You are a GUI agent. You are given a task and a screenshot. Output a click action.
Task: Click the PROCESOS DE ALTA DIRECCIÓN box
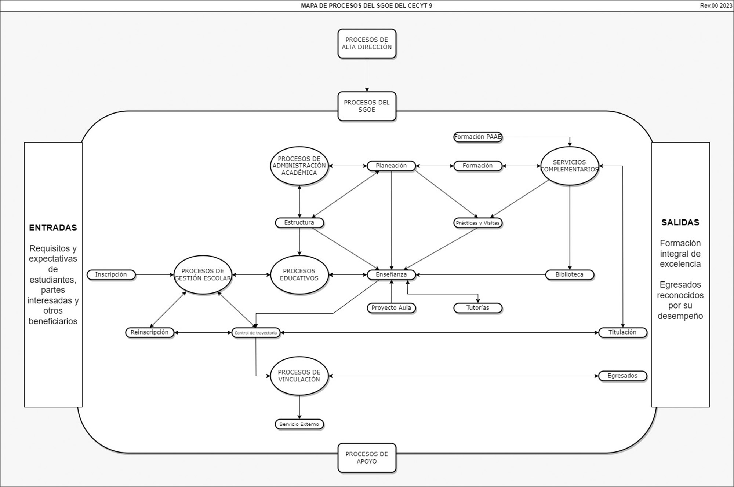(x=367, y=44)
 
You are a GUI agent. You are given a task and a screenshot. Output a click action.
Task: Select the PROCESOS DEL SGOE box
(x=367, y=106)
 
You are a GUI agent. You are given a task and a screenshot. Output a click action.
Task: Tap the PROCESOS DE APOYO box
(x=367, y=458)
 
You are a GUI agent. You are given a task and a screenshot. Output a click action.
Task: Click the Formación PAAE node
(x=477, y=137)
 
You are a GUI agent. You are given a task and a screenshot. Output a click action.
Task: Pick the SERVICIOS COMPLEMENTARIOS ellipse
(x=570, y=166)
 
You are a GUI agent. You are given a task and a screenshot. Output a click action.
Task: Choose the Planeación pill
(x=391, y=166)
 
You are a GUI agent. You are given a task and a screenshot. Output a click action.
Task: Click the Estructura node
(x=299, y=223)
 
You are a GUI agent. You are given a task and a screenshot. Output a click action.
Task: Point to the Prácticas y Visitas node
(x=477, y=223)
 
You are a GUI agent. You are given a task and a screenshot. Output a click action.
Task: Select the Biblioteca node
(x=569, y=274)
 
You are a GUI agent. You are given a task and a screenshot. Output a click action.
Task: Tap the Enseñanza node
(x=391, y=274)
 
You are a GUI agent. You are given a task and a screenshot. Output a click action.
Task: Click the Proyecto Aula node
(x=391, y=308)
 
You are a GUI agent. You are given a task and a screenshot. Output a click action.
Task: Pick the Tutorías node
(x=477, y=308)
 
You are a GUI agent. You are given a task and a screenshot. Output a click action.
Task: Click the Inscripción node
(x=111, y=274)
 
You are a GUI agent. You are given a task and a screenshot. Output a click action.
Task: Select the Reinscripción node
(x=149, y=333)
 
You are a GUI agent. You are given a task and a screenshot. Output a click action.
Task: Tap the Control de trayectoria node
(x=256, y=333)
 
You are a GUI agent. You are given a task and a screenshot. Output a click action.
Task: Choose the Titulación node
(x=622, y=333)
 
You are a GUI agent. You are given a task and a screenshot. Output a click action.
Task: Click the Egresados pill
(x=622, y=376)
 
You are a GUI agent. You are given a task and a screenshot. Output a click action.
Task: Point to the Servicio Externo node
(x=299, y=424)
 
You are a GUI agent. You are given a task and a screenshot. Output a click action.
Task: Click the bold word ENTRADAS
(x=53, y=228)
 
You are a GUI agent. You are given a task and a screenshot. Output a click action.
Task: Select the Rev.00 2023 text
(x=716, y=5)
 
